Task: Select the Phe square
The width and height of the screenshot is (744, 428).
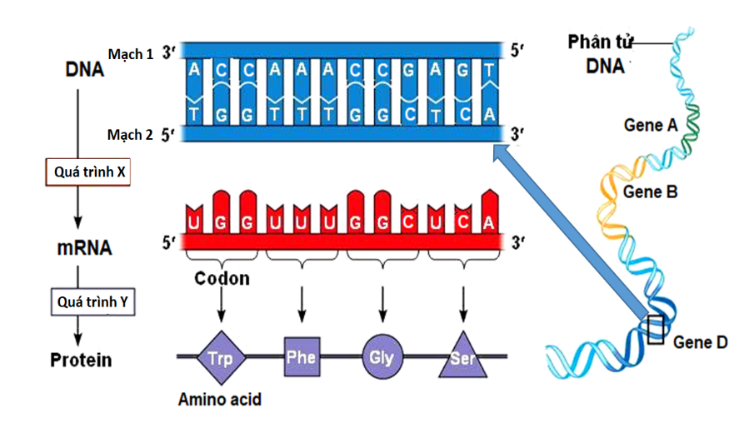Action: pos(301,356)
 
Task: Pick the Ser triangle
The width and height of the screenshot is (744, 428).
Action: pos(462,358)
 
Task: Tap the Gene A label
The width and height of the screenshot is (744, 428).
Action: pos(650,125)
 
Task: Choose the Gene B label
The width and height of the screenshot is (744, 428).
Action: pos(651,192)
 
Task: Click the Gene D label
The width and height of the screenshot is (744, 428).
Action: pos(700,341)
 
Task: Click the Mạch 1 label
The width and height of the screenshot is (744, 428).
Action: pos(131,54)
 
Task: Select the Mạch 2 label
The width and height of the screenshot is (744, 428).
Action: pos(131,133)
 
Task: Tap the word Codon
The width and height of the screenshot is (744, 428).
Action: pos(222,278)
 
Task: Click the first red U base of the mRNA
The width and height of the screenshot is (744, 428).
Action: pos(195,221)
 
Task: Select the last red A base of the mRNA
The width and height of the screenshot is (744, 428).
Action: pos(490,221)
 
